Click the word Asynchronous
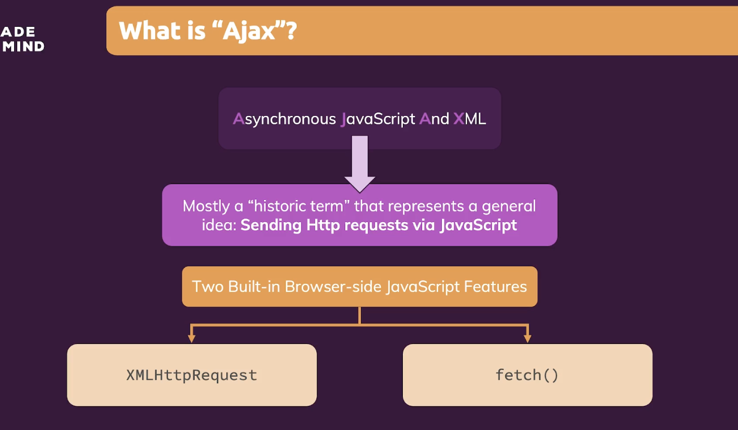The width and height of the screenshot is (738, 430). (285, 119)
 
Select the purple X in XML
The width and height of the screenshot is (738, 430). (458, 118)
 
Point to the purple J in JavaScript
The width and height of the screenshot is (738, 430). (344, 119)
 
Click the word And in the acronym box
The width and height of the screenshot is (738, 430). (434, 118)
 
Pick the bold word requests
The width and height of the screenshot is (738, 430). (376, 226)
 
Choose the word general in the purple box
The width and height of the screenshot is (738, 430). (509, 206)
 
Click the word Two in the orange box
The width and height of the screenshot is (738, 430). (208, 286)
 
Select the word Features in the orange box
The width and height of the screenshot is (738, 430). (495, 286)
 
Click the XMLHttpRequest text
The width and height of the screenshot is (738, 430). (192, 375)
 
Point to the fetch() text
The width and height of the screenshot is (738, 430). (527, 375)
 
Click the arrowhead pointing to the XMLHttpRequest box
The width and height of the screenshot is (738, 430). (192, 337)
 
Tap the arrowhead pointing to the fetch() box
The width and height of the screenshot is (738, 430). (527, 337)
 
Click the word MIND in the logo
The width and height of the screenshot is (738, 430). (23, 47)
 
